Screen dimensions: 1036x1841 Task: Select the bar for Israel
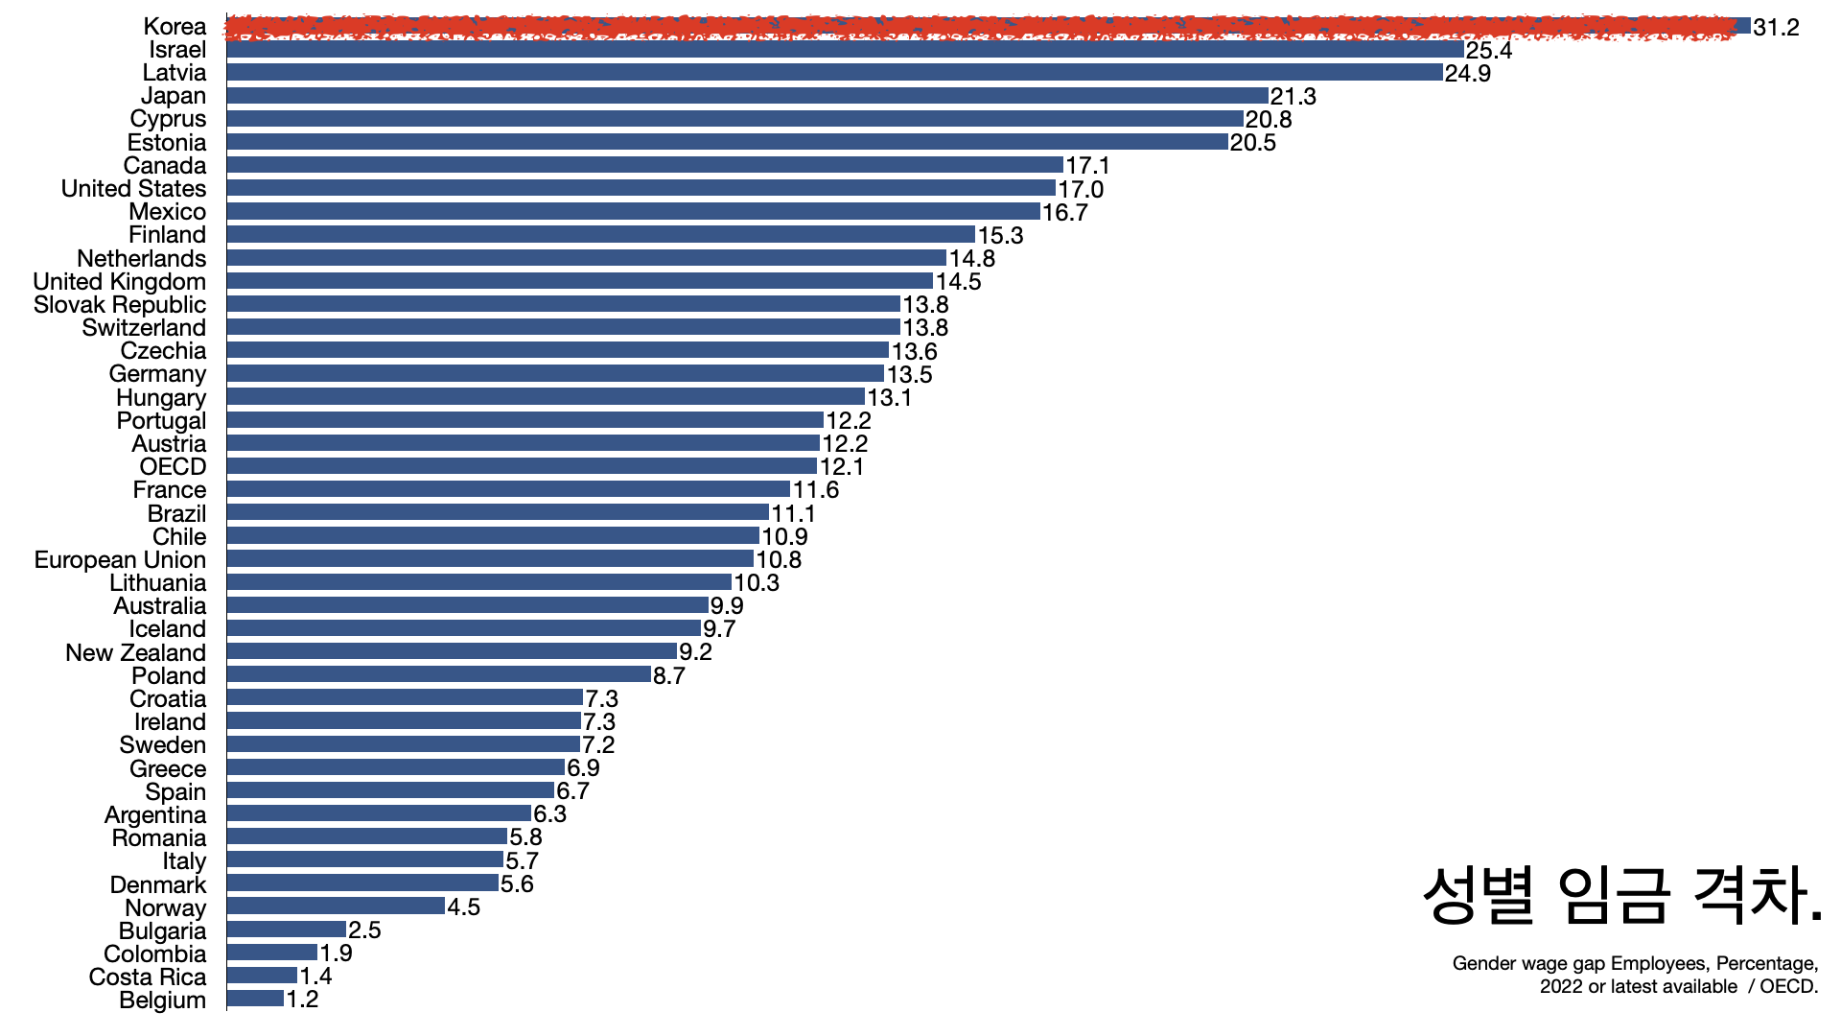point(844,50)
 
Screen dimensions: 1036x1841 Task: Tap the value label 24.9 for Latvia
point(1467,74)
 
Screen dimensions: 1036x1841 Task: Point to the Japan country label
point(174,96)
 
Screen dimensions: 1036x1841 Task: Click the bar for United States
point(641,189)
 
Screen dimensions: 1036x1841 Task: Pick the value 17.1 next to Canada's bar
point(1087,166)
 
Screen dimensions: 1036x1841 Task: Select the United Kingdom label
point(120,282)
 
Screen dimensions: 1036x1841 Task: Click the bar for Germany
point(555,374)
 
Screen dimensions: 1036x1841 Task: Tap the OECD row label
point(173,467)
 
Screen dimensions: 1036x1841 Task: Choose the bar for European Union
point(490,559)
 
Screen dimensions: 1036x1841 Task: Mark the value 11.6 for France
point(815,490)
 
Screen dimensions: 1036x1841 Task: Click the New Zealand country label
point(136,653)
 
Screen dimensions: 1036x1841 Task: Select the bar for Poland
point(438,675)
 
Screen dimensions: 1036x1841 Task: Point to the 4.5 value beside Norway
point(463,907)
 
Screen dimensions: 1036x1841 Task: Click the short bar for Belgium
point(255,1000)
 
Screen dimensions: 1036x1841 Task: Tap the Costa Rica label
point(148,977)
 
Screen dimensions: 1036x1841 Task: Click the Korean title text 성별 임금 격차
point(1621,896)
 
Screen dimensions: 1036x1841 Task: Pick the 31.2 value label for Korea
point(1776,28)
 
